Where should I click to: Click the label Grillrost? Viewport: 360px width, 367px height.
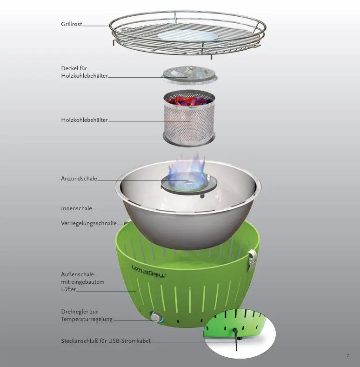[x=72, y=24]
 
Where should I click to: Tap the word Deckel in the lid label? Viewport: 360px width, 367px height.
[x=69, y=68]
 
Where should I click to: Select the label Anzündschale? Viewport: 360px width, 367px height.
[x=79, y=179]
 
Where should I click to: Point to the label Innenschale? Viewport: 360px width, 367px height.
[x=76, y=208]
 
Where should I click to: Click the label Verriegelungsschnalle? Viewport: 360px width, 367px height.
[x=89, y=223]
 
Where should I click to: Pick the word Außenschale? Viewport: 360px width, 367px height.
[x=77, y=274]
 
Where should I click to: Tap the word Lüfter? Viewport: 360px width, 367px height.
[x=68, y=289]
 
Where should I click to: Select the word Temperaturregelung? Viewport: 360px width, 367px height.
[x=87, y=319]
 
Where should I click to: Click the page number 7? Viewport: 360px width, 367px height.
[x=347, y=356]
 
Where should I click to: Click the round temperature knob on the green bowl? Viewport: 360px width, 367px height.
[x=155, y=317]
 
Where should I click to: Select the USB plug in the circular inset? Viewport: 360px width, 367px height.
[x=237, y=333]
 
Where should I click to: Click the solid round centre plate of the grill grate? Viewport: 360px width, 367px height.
[x=188, y=36]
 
